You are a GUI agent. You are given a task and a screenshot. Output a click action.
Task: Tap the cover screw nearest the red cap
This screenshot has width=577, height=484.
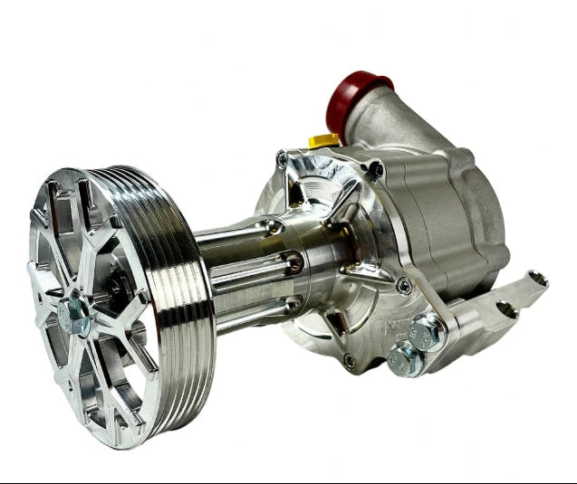click(x=375, y=169)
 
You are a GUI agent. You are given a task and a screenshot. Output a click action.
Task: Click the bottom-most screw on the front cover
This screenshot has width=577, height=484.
click(x=349, y=360)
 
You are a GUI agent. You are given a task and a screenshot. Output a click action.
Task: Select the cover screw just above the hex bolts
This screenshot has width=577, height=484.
click(x=403, y=286)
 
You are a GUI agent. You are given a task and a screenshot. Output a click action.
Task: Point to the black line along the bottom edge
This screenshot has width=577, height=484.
click(x=288, y=480)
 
